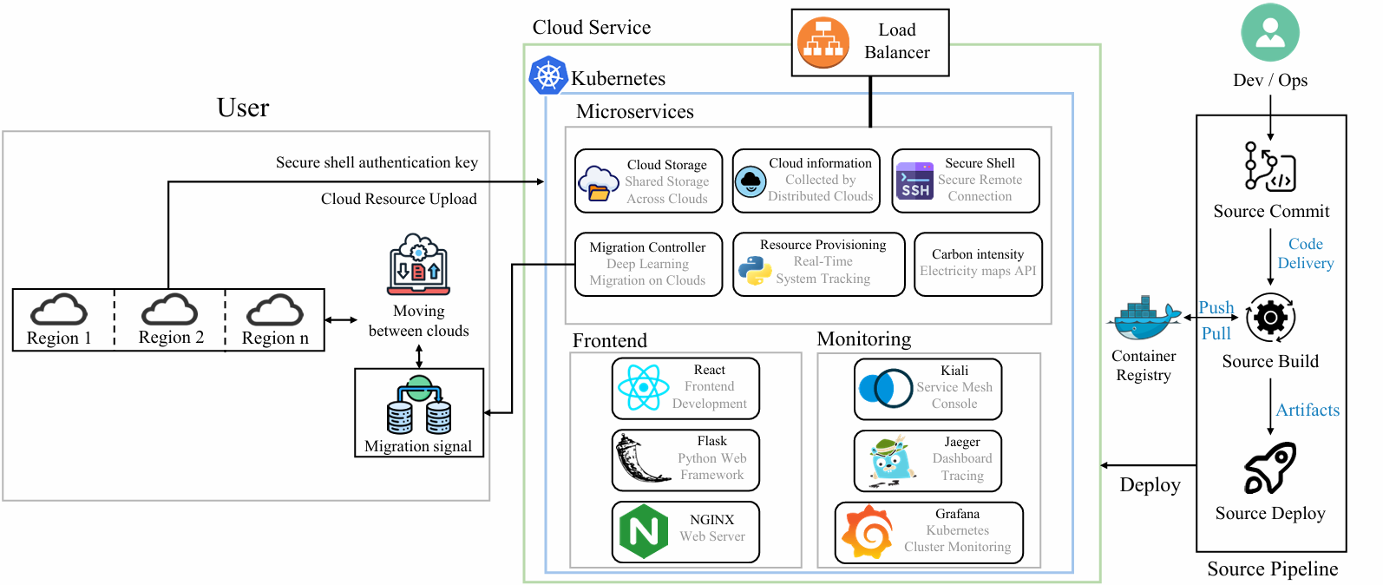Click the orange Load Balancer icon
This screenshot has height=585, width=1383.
[x=823, y=43]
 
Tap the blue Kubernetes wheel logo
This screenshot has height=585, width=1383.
[x=547, y=76]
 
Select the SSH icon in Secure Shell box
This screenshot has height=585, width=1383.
[x=914, y=181]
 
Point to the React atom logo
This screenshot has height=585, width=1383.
[x=643, y=388]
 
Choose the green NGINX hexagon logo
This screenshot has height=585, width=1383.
[x=644, y=531]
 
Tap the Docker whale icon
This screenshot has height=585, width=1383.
[x=1144, y=320]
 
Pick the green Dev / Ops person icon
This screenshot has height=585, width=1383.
[x=1270, y=33]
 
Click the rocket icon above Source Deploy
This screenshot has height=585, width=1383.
[x=1270, y=468]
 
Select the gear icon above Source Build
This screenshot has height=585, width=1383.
[x=1270, y=318]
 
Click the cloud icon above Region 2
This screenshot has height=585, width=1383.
[x=169, y=309]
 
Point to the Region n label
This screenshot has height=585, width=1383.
[x=275, y=339]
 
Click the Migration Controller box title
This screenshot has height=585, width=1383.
[x=647, y=247]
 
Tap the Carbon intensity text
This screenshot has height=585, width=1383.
[x=978, y=254]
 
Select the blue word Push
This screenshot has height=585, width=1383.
[x=1216, y=307]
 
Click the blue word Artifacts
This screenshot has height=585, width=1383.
[x=1308, y=411]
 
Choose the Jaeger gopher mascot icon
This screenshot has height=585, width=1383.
[x=890, y=460]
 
